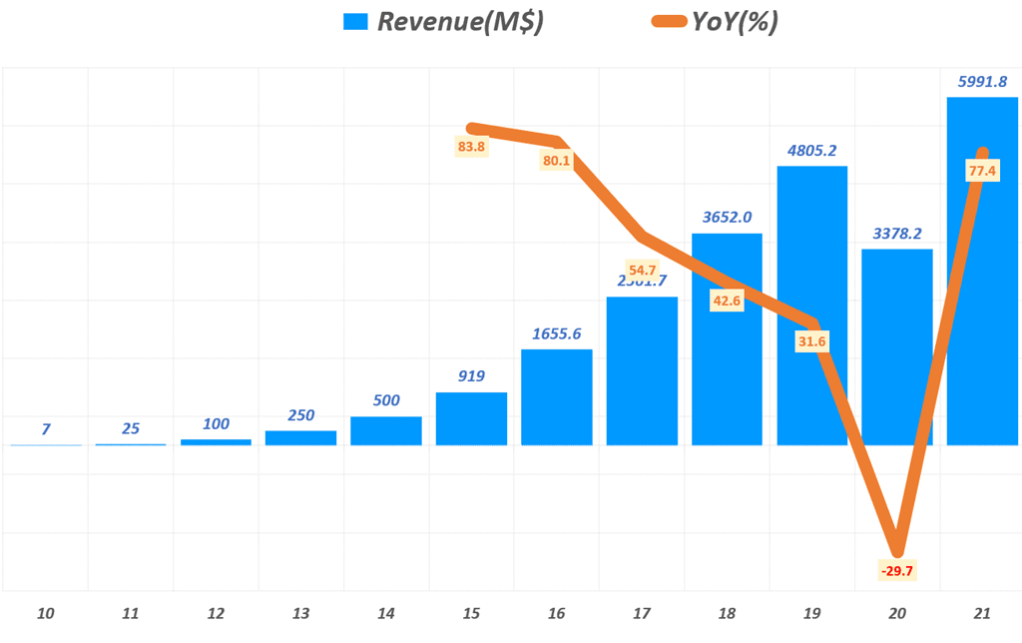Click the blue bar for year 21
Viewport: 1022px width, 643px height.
pos(982,300)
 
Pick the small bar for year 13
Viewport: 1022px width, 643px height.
pos(300,437)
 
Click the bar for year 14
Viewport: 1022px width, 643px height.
pos(385,430)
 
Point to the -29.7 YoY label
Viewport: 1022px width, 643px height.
pos(897,570)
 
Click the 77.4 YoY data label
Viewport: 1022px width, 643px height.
pos(982,171)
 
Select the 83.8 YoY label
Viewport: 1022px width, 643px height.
pos(471,147)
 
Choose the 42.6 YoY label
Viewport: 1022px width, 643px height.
pos(727,300)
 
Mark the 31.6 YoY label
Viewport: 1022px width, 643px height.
pos(811,341)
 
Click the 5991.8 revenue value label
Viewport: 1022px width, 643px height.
pos(982,82)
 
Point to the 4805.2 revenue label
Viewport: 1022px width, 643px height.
pos(811,151)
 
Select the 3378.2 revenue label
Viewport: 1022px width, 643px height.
pos(897,234)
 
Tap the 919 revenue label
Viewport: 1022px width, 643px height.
pos(471,376)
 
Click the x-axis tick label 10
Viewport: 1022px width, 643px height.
pos(45,613)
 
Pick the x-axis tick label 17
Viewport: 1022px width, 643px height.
pos(642,613)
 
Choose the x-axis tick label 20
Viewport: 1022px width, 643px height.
pos(897,613)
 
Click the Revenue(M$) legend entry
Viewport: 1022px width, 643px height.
pos(444,22)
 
